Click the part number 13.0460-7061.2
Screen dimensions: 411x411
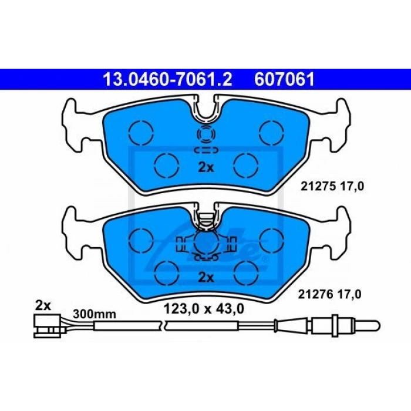pyautogui.click(x=167, y=79)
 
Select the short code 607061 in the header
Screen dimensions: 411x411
pyautogui.click(x=284, y=79)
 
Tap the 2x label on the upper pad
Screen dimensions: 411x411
pyautogui.click(x=206, y=167)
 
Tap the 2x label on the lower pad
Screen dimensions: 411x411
pyautogui.click(x=206, y=277)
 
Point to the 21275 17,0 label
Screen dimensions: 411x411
pyautogui.click(x=332, y=187)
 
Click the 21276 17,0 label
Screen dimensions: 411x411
pyautogui.click(x=329, y=294)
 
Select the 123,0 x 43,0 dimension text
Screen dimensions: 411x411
pyautogui.click(x=204, y=309)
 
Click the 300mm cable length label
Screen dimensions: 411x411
pyautogui.click(x=95, y=314)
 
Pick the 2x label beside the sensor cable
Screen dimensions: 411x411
pyautogui.click(x=43, y=306)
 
